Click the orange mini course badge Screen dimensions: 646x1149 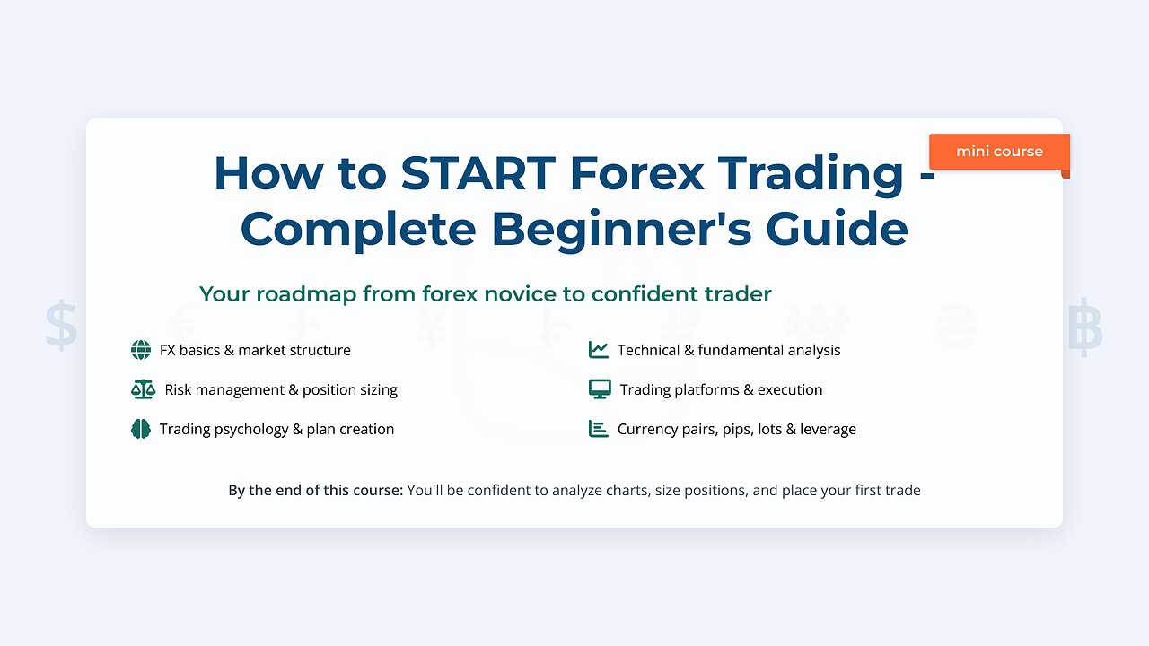pyautogui.click(x=998, y=152)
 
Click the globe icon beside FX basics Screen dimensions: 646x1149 pyautogui.click(x=141, y=350)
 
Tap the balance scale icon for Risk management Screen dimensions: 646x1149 pyautogui.click(x=143, y=389)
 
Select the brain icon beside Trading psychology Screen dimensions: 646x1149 pyautogui.click(x=141, y=429)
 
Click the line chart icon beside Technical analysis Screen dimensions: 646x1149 pyautogui.click(x=599, y=350)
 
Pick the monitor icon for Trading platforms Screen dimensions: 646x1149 pyautogui.click(x=600, y=389)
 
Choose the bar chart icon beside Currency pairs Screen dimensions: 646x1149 pyautogui.click(x=599, y=429)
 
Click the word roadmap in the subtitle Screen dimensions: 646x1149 pyautogui.click(x=301, y=294)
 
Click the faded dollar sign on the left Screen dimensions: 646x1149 pyautogui.click(x=62, y=326)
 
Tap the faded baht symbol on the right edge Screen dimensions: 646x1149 pyautogui.click(x=1085, y=326)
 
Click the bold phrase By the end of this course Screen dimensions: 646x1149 pyautogui.click(x=315, y=490)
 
